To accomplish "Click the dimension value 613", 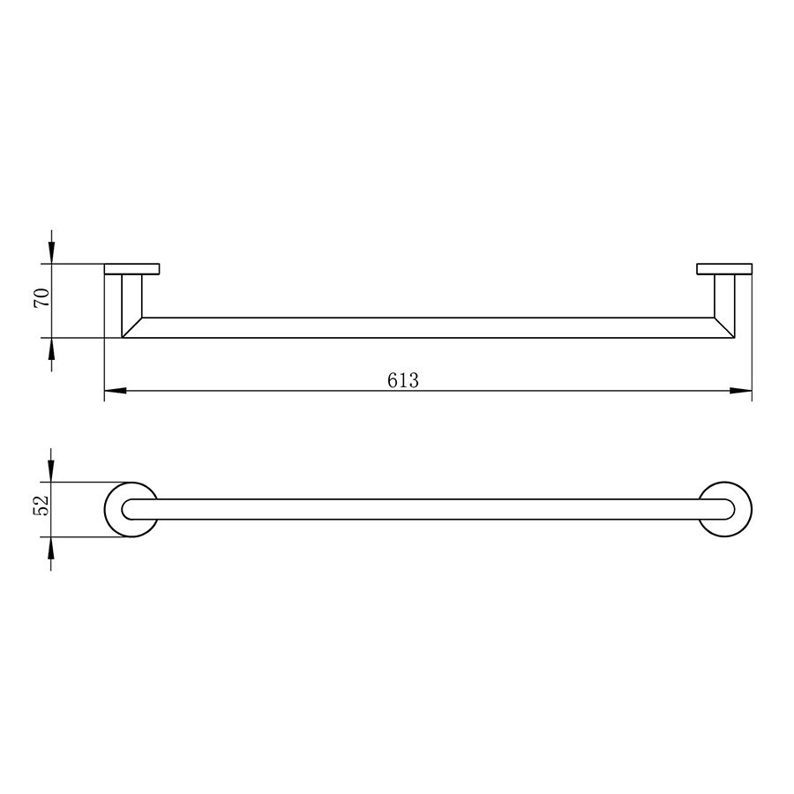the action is point(403,379).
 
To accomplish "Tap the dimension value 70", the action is point(41,298).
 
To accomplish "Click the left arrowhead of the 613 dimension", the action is point(115,391).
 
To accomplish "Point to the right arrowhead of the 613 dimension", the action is point(741,391).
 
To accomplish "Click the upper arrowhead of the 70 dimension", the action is point(51,252).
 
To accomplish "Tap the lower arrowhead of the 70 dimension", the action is point(51,348).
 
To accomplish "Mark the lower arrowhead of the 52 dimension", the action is point(51,547).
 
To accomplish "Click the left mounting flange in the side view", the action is point(132,269).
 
